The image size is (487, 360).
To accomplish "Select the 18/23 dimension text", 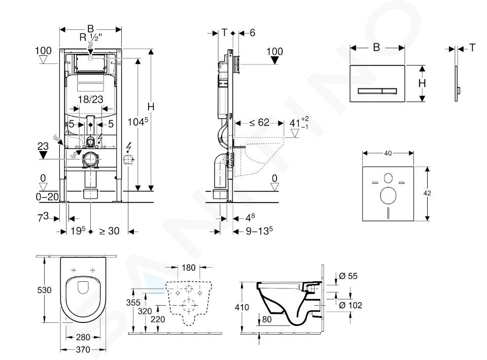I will tap(91, 100).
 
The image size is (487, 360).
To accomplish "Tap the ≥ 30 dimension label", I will tap(109, 231).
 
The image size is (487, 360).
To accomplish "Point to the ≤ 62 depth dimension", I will tap(259, 122).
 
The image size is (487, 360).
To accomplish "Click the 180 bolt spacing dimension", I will tap(188, 268).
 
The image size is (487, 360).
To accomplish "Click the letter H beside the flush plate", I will tap(422, 83).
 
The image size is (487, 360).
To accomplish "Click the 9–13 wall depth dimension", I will tap(257, 231).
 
